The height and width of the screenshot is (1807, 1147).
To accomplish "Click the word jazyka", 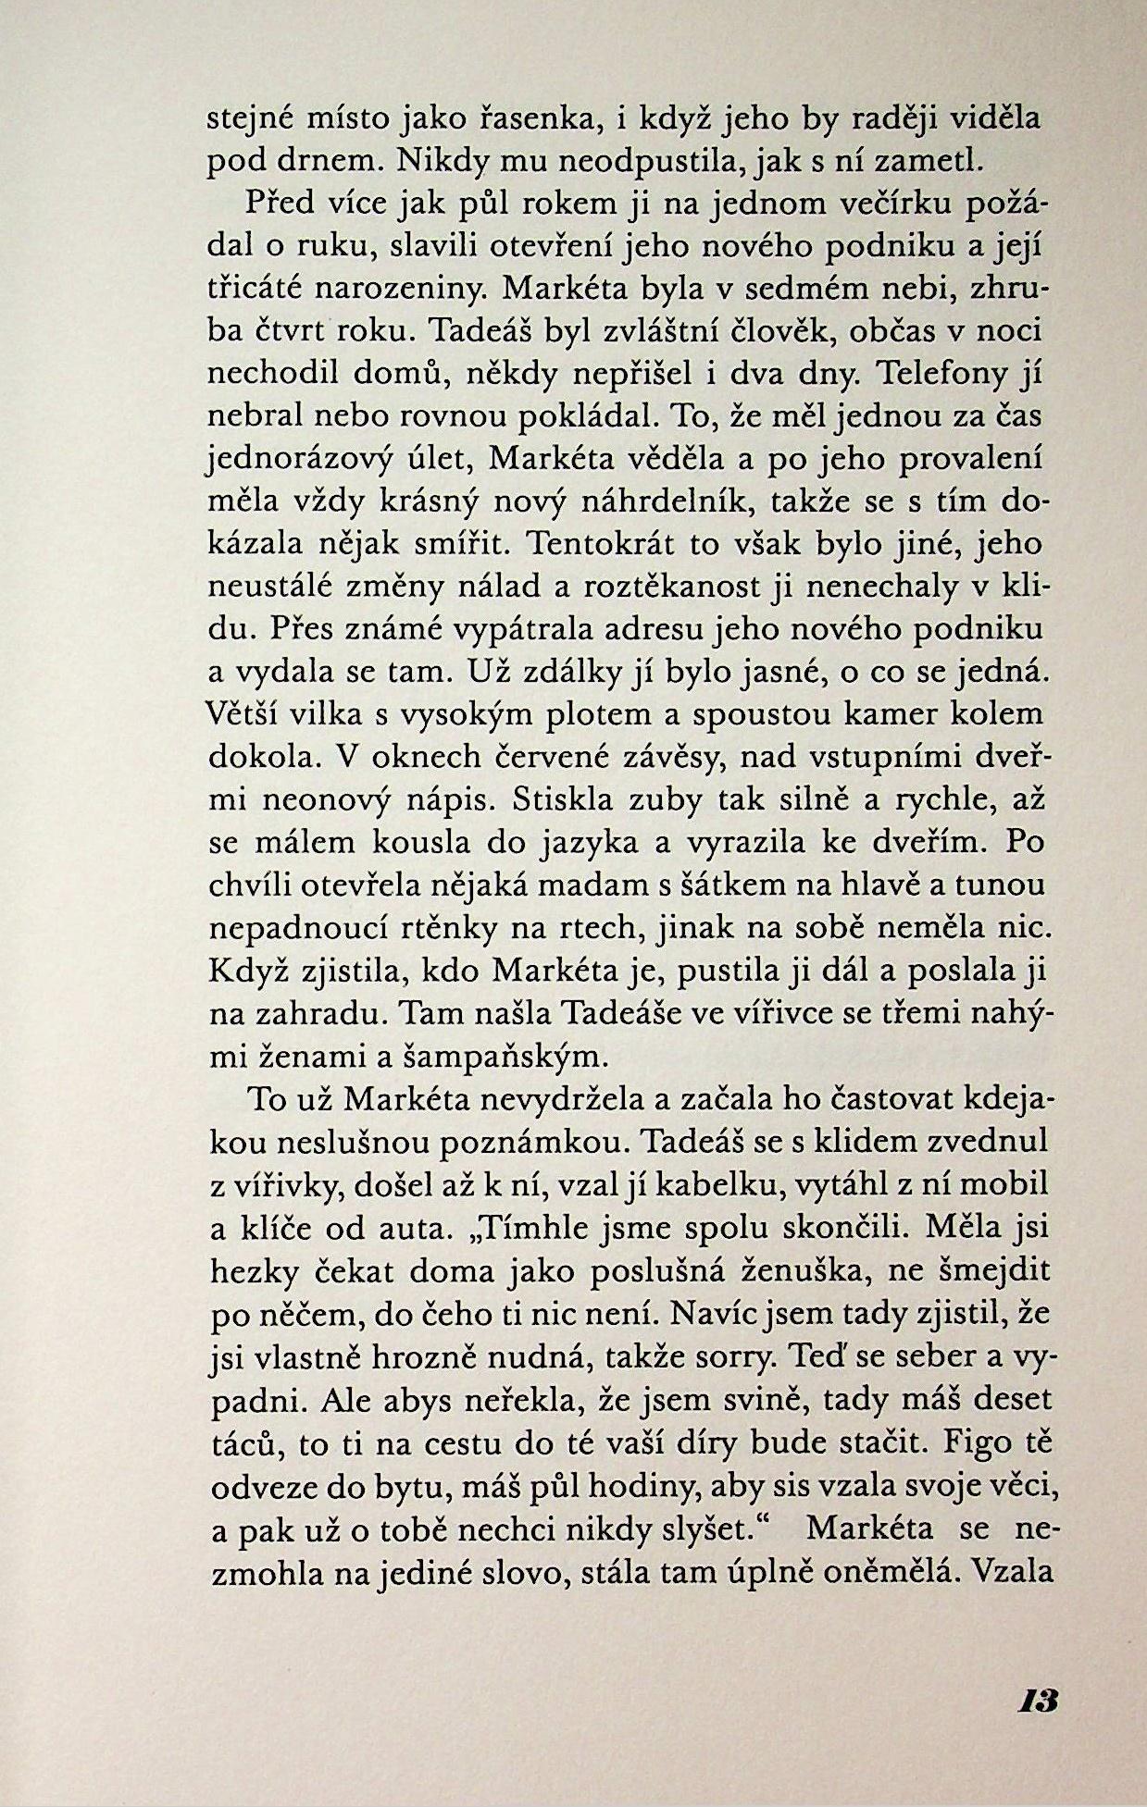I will click(582, 843).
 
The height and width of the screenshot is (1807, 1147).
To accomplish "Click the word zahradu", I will click(305, 1013).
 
